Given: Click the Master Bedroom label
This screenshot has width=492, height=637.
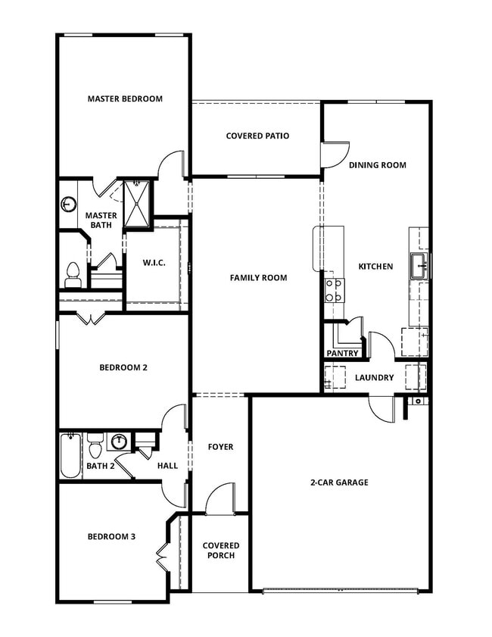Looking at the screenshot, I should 125,98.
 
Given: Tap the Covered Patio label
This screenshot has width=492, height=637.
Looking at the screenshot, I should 257,136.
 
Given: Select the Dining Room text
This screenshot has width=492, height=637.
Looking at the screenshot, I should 377,165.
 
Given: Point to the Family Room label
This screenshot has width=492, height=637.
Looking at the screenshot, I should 259,278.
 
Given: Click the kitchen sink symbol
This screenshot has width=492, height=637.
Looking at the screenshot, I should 419,266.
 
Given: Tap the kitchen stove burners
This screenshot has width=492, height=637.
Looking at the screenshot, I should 334,290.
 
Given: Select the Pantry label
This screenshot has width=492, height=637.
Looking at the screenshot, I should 342,354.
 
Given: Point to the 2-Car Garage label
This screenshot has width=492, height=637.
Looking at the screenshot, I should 339,482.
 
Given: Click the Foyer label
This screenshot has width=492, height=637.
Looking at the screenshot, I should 220,447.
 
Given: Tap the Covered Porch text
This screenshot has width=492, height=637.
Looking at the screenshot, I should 220,551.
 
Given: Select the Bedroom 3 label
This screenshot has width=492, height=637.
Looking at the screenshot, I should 111,537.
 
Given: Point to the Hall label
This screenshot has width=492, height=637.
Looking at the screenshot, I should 167,466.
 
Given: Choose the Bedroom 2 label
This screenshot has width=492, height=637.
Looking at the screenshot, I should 123,368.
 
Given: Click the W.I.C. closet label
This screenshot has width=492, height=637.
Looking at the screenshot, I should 154,264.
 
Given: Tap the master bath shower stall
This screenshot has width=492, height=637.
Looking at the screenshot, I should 138,203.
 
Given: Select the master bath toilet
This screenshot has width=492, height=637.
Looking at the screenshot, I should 73,274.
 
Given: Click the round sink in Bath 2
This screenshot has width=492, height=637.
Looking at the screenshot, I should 119,441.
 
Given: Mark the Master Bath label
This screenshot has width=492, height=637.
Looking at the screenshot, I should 101,220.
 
